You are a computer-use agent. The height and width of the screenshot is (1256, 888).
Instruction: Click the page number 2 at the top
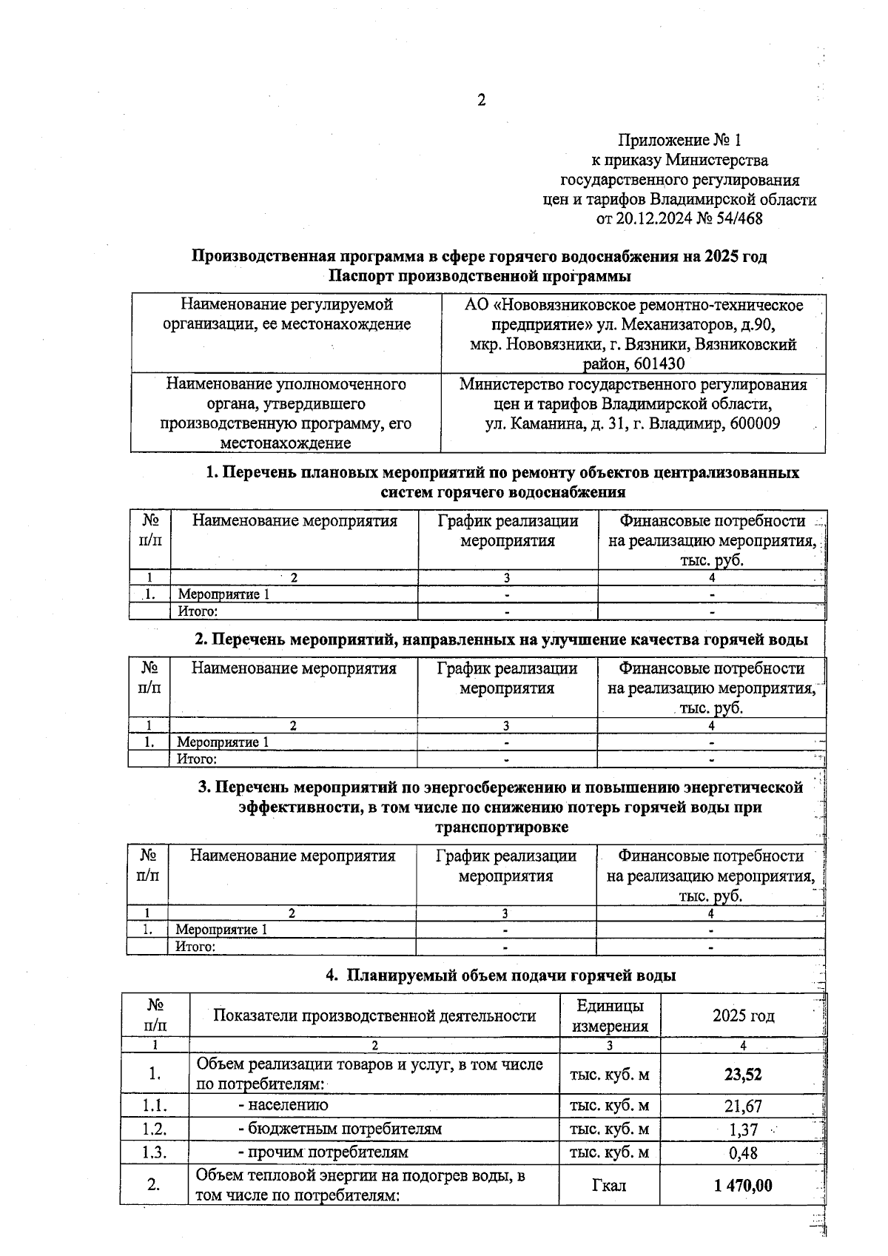(481, 101)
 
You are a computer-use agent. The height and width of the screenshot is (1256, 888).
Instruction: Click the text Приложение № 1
(679, 140)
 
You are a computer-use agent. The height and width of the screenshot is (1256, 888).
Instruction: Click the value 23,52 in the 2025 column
(743, 1074)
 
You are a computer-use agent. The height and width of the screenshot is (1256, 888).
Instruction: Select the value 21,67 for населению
(743, 1106)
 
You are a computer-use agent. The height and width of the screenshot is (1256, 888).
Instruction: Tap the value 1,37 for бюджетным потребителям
(743, 1129)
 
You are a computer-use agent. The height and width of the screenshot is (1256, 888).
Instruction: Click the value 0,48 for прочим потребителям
(743, 1153)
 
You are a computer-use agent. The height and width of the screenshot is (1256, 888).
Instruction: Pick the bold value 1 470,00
(743, 1186)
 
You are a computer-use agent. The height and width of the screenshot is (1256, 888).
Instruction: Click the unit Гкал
(609, 1186)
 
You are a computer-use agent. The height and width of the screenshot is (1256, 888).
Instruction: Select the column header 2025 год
(743, 1015)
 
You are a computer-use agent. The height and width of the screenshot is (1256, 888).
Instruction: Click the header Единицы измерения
(610, 1015)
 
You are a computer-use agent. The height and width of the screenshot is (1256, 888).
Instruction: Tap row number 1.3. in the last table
(155, 1153)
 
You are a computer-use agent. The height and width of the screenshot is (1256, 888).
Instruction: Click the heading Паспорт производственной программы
(480, 276)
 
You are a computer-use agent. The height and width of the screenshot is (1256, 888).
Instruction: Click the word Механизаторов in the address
(672, 324)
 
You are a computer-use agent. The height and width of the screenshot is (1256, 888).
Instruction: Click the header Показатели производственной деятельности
(374, 1015)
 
